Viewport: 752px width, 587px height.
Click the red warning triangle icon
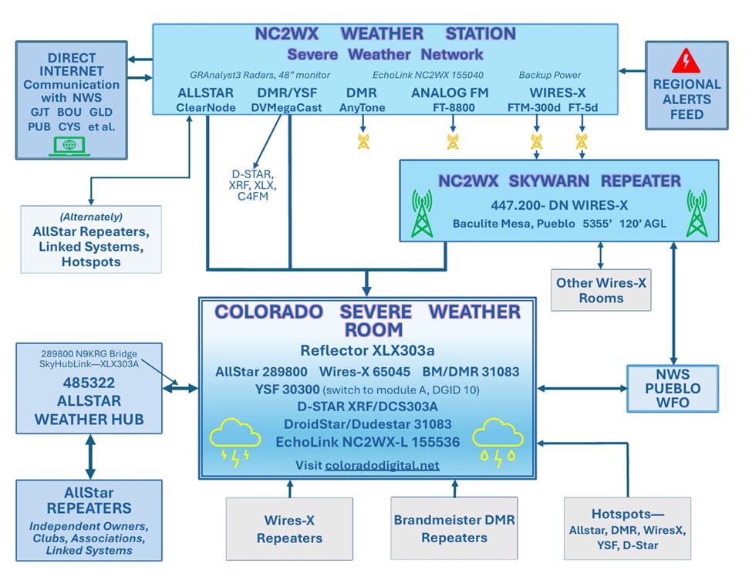[x=685, y=60]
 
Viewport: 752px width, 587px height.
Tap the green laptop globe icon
[x=69, y=144]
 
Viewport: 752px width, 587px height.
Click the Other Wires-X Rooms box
[x=601, y=290]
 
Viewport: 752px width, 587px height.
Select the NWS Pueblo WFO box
[x=674, y=388]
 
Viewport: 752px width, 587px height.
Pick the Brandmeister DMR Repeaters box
[x=454, y=528]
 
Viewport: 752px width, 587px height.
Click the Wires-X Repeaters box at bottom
[x=289, y=528]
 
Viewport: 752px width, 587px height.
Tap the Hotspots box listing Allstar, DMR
[x=627, y=528]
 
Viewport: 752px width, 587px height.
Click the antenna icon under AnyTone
[x=363, y=141]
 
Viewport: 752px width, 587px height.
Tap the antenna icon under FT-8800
[x=453, y=141]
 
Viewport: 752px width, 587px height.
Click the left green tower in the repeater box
[x=421, y=213]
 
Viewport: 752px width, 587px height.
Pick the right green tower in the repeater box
[x=696, y=213]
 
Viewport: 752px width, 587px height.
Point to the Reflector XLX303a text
[x=367, y=351]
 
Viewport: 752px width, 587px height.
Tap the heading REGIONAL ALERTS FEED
[x=686, y=100]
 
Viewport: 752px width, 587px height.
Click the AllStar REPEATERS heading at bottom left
[x=89, y=501]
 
